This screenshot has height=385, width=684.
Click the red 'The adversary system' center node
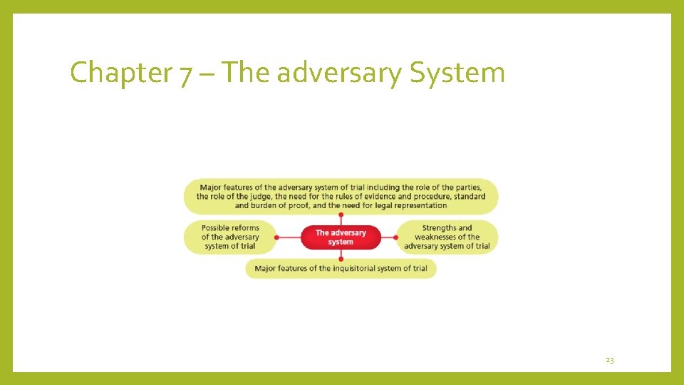(341, 237)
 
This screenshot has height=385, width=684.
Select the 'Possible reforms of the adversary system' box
(229, 237)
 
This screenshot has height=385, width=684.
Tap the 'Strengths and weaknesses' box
(447, 237)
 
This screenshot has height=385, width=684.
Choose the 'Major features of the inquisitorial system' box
(341, 268)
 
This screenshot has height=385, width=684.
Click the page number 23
(610, 360)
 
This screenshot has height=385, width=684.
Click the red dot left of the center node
(277, 237)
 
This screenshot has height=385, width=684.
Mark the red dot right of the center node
(396, 237)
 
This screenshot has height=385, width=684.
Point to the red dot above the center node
(341, 214)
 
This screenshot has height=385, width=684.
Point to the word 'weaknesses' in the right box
(437, 237)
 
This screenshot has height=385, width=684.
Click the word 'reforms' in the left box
(244, 228)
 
